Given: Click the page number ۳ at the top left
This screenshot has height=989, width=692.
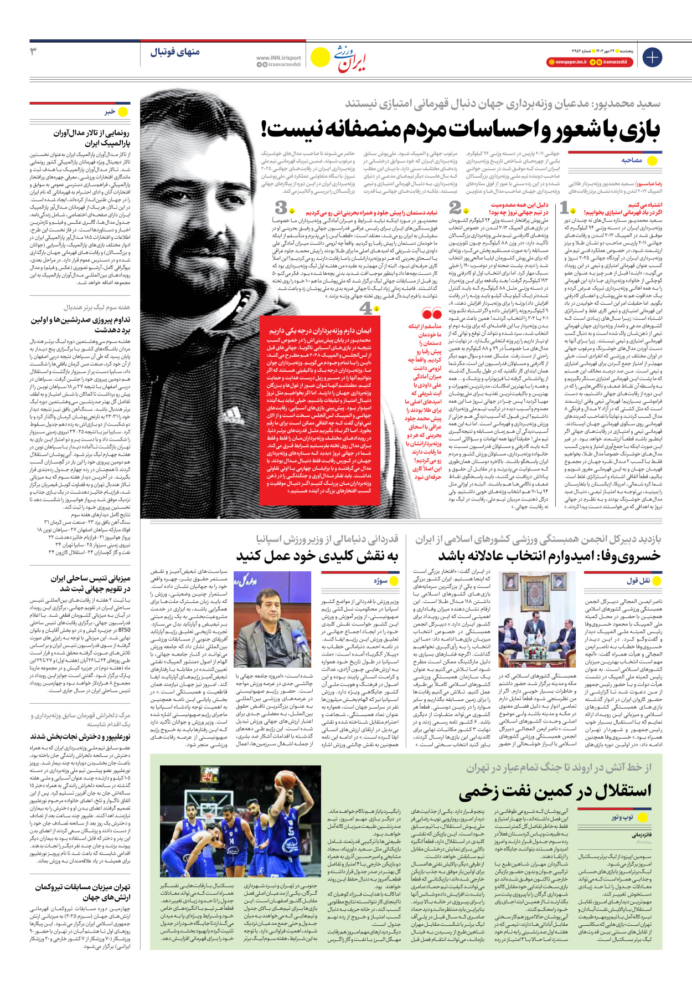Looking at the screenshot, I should pos(34,52).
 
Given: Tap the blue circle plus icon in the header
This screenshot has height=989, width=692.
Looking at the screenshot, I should pos(652,57).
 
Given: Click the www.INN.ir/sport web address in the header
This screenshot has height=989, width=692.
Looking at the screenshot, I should pos(278,58).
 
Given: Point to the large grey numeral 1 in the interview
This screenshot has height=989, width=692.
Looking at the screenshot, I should pos(564,208).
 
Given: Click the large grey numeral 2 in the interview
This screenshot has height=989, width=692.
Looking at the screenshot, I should pos(455,208).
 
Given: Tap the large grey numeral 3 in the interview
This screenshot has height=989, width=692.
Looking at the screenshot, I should pos(281,208).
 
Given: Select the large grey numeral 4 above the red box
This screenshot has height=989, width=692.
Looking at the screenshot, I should pos(366,308).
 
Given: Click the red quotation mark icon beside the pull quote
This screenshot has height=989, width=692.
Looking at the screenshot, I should pos(431,314).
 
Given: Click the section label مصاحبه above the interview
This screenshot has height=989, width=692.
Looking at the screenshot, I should pos(632,160).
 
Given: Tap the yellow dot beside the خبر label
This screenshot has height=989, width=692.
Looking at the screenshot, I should pos(123,111).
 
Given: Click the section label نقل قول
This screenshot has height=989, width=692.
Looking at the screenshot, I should pos(638,581).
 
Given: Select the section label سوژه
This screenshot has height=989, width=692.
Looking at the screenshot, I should pos(380,581).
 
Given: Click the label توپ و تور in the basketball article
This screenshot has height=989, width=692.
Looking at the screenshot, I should pos(622,817).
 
